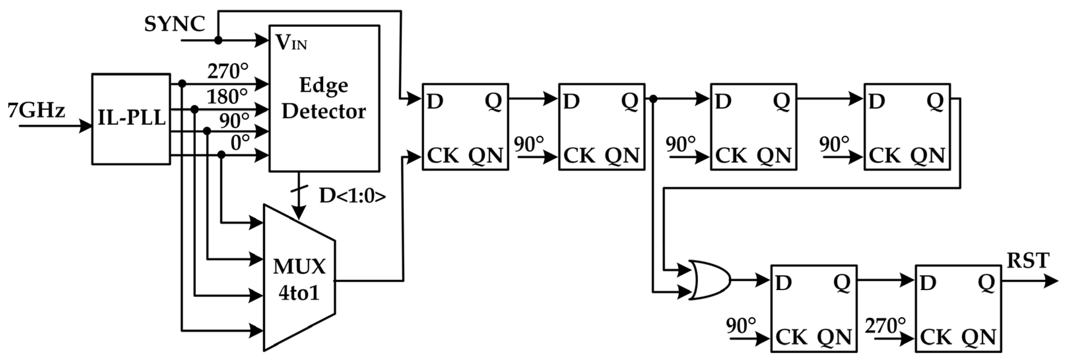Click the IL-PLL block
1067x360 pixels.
(x=131, y=119)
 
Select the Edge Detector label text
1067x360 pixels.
(x=324, y=98)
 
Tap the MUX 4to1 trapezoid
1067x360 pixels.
(x=299, y=278)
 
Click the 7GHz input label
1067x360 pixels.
(x=36, y=111)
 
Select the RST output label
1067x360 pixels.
(x=1028, y=261)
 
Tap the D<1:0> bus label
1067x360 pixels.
(x=352, y=196)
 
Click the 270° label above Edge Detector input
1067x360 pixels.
(x=228, y=71)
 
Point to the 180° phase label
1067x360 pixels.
(x=227, y=97)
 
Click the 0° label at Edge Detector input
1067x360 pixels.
(x=240, y=143)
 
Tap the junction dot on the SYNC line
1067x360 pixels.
(x=218, y=40)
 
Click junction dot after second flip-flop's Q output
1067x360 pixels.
(x=653, y=99)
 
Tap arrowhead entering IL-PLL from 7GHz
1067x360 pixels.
(x=86, y=125)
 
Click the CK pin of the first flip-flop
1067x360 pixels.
(x=442, y=156)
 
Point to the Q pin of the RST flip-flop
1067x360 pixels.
(x=986, y=283)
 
